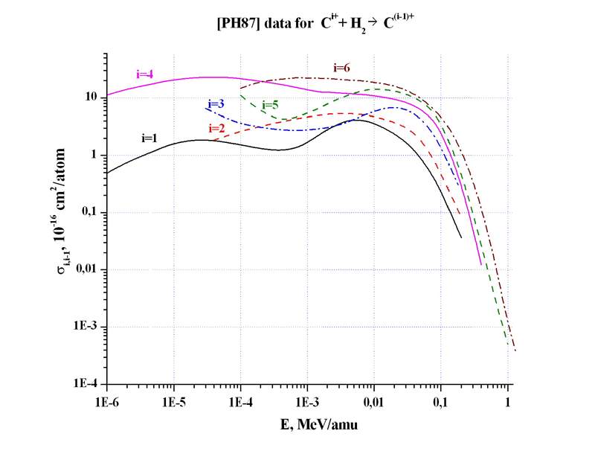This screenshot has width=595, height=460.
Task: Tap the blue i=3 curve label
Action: (216, 104)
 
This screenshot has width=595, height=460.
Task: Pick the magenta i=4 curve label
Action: (145, 74)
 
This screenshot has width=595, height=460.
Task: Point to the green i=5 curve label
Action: (270, 105)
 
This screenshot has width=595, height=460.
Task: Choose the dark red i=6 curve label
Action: (341, 68)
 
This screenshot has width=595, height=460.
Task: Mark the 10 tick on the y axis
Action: (91, 98)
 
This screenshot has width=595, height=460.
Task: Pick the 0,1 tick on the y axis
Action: (89, 213)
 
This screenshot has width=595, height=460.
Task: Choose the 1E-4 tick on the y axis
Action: (86, 385)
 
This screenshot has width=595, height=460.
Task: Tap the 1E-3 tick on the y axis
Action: (86, 328)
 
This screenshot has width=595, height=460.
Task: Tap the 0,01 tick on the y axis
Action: (86, 270)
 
